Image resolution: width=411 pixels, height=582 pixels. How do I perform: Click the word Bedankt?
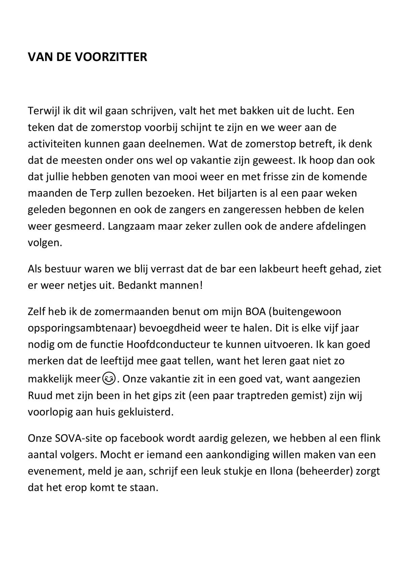[138, 286]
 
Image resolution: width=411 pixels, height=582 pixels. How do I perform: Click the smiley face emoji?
[108, 379]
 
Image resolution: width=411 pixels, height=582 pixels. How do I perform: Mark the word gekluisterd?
[145, 412]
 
